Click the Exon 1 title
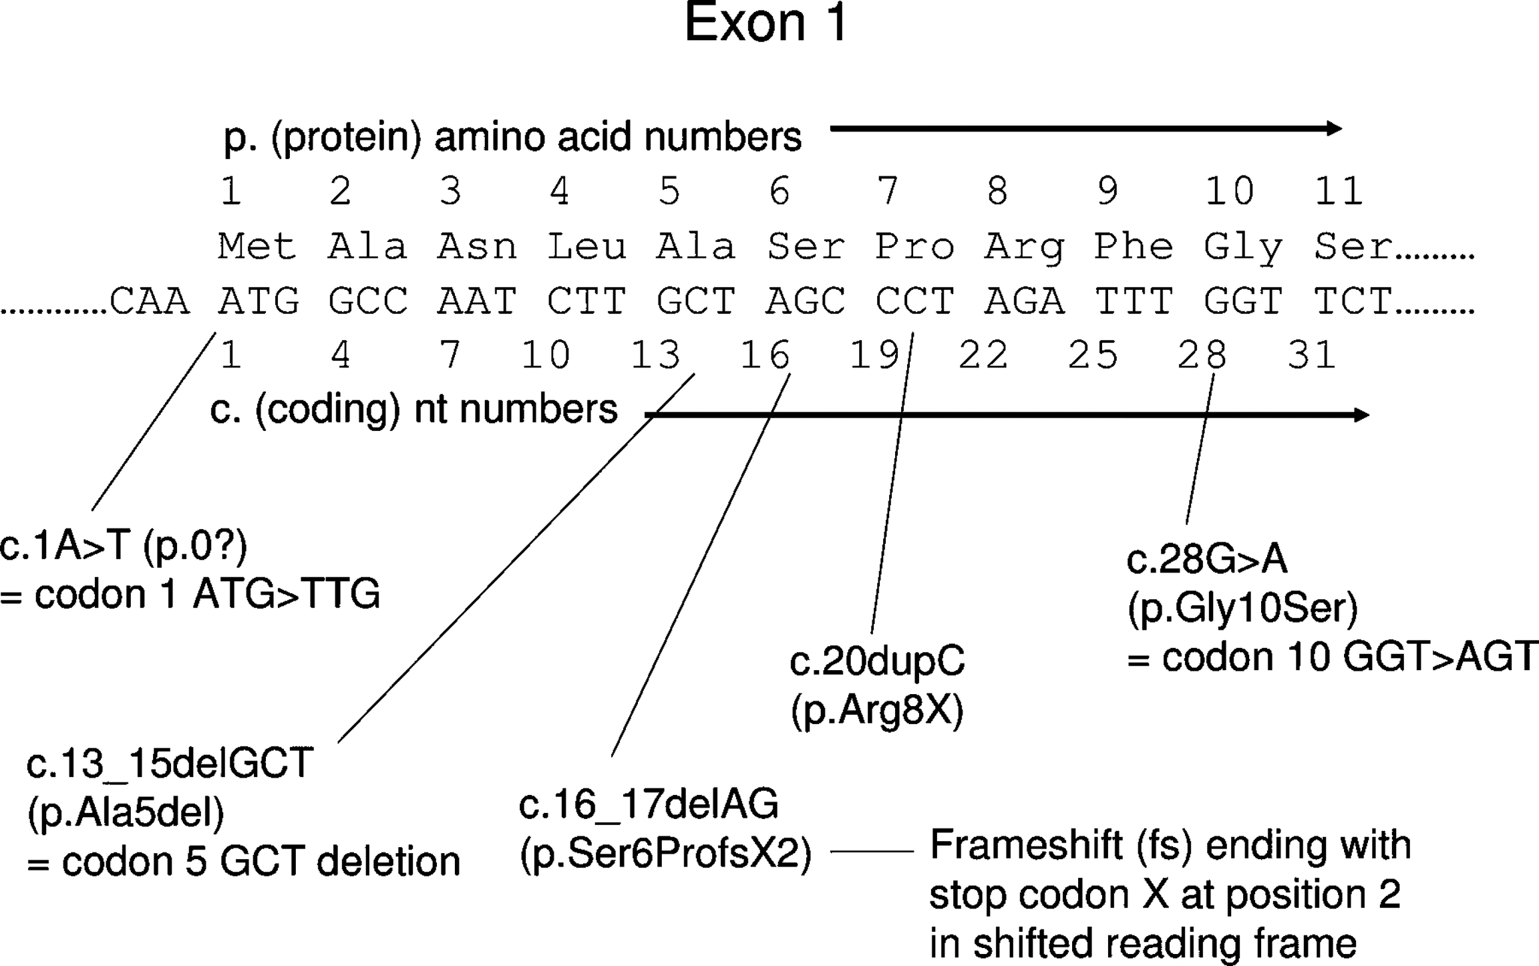(765, 24)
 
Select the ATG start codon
(259, 301)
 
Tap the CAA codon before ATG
(149, 301)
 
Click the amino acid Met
(257, 247)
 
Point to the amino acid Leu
(586, 247)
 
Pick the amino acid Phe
(1134, 247)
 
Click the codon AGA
(1024, 301)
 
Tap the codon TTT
(1134, 301)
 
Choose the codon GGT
(1243, 301)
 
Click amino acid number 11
(1338, 192)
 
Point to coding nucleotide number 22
(983, 355)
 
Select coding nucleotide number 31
(1312, 355)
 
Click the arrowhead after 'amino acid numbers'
(1333, 128)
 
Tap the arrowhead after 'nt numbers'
(1360, 416)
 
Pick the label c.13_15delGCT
(170, 764)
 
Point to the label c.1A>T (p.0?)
(124, 546)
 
